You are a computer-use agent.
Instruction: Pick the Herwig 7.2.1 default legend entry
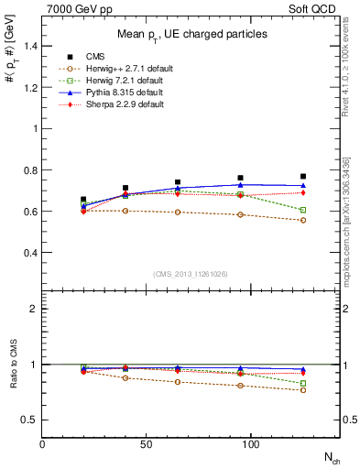point(115,80)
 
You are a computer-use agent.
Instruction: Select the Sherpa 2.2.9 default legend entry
point(115,104)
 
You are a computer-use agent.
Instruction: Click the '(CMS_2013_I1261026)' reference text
point(190,275)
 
